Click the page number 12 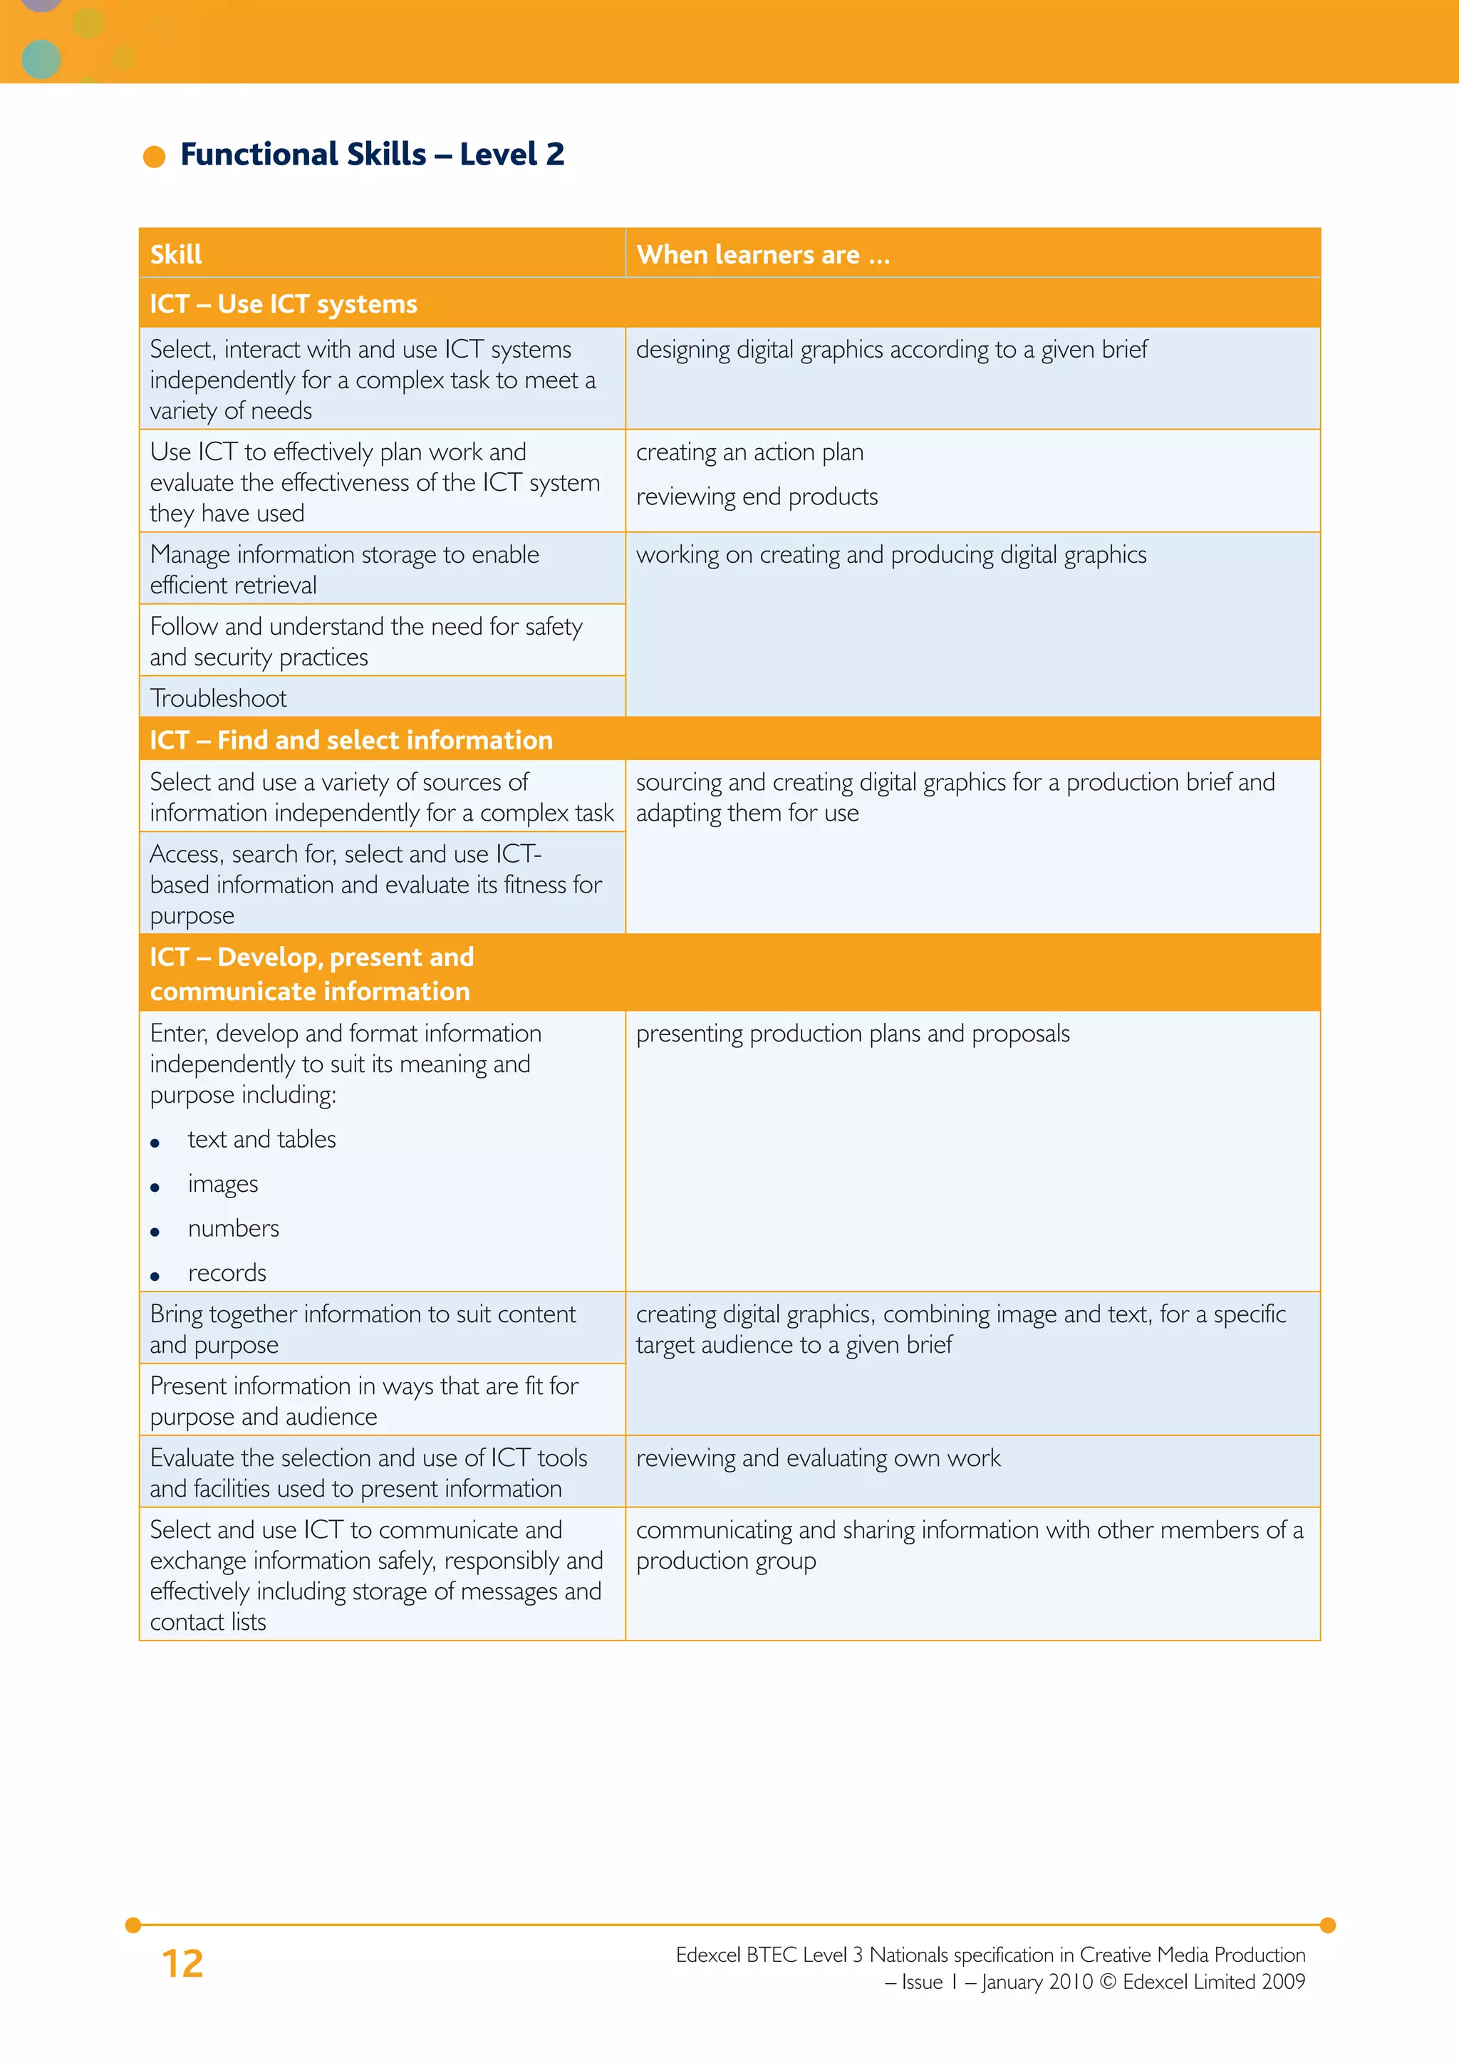(182, 1963)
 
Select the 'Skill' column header (176, 255)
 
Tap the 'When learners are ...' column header (763, 255)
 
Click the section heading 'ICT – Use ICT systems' (283, 303)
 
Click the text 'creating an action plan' (749, 452)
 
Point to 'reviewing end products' (757, 497)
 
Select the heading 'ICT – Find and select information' (351, 739)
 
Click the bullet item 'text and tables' (261, 1139)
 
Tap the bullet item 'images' (223, 1184)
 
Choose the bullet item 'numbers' (234, 1228)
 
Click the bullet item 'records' (227, 1273)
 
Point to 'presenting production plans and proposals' (853, 1034)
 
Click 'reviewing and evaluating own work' (818, 1457)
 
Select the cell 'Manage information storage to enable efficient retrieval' (344, 570)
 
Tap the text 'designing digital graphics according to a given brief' (891, 350)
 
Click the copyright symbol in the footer (1108, 1982)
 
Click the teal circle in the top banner (41, 58)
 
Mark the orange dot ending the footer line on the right (1328, 1925)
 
